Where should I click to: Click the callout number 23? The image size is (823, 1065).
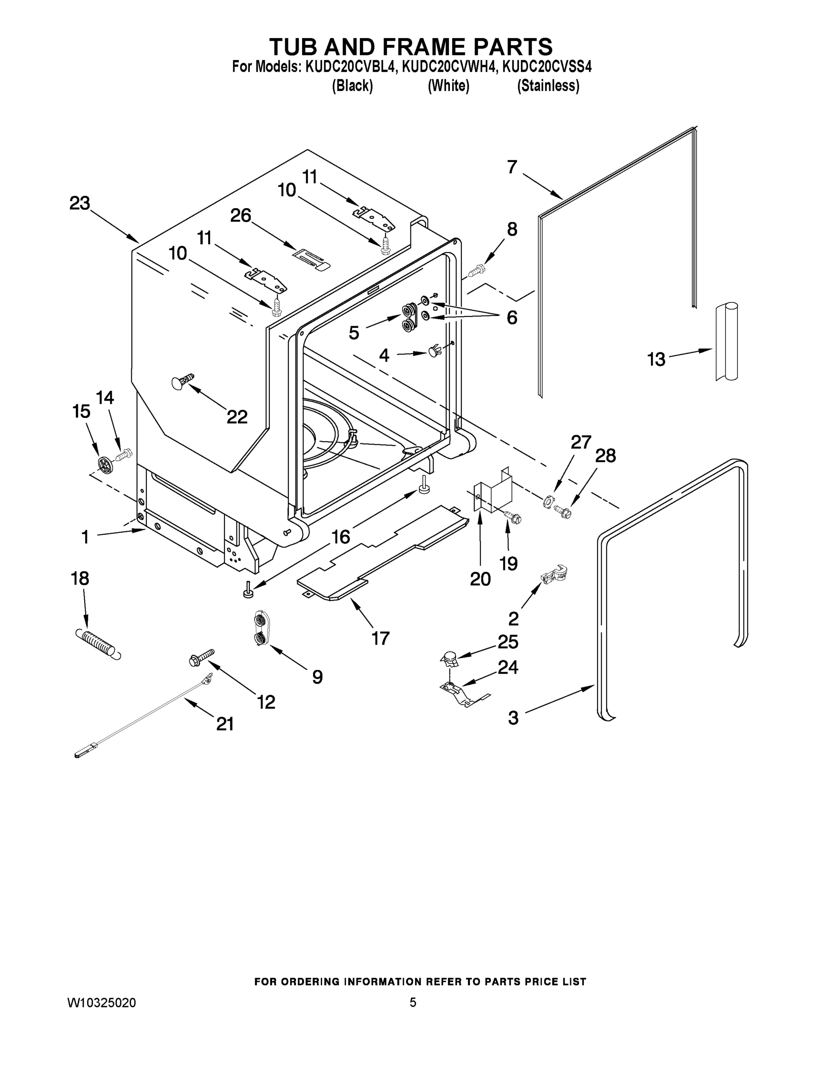pyautogui.click(x=79, y=203)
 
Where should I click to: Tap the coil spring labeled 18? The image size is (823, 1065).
pyautogui.click(x=98, y=644)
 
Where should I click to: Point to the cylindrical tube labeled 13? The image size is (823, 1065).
pyautogui.click(x=726, y=341)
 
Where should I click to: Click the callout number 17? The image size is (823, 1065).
pyautogui.click(x=380, y=638)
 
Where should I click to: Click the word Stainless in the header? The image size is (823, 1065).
pyautogui.click(x=548, y=86)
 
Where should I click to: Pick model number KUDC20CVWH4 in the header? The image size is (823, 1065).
pyautogui.click(x=449, y=66)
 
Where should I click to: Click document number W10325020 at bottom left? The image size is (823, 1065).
pyautogui.click(x=102, y=1002)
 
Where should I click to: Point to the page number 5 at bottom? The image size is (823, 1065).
pyautogui.click(x=413, y=1002)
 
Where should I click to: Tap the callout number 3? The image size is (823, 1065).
pyautogui.click(x=513, y=718)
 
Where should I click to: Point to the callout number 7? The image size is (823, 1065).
pyautogui.click(x=512, y=167)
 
